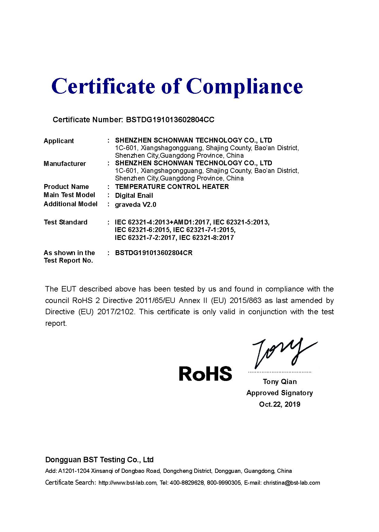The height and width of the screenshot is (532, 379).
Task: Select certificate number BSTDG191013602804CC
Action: [170, 120]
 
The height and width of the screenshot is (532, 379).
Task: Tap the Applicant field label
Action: [59, 141]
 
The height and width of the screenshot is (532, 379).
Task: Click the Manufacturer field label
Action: [65, 164]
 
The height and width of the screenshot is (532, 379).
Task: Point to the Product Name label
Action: [66, 187]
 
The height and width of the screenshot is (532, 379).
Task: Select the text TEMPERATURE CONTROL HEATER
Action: [172, 187]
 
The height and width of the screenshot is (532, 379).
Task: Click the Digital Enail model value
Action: [134, 196]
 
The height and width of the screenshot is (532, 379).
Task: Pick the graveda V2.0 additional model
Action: [135, 205]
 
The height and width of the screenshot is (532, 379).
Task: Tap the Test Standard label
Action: [65, 222]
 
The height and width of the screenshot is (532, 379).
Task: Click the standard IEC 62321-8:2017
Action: [206, 238]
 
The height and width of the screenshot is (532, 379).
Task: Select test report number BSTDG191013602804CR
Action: [154, 253]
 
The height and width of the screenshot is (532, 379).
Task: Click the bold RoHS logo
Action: [205, 373]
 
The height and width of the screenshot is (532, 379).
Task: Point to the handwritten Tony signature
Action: [282, 352]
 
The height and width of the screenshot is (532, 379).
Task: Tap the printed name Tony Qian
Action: [280, 382]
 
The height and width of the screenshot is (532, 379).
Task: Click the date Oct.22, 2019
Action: [279, 404]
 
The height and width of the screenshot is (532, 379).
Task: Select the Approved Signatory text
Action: [279, 393]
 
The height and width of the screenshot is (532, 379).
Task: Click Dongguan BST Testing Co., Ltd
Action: [99, 460]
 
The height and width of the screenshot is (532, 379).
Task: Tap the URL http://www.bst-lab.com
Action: [127, 483]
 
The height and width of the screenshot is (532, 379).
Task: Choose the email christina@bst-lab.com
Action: [291, 483]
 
